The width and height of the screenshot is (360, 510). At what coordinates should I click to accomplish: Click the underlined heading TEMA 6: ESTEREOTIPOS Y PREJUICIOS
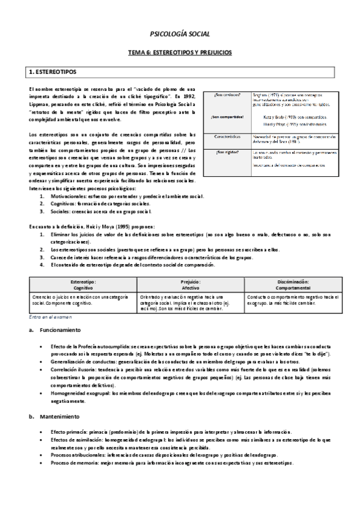[x=180, y=52]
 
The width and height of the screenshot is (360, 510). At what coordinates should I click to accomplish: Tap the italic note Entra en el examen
[x=50, y=316]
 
